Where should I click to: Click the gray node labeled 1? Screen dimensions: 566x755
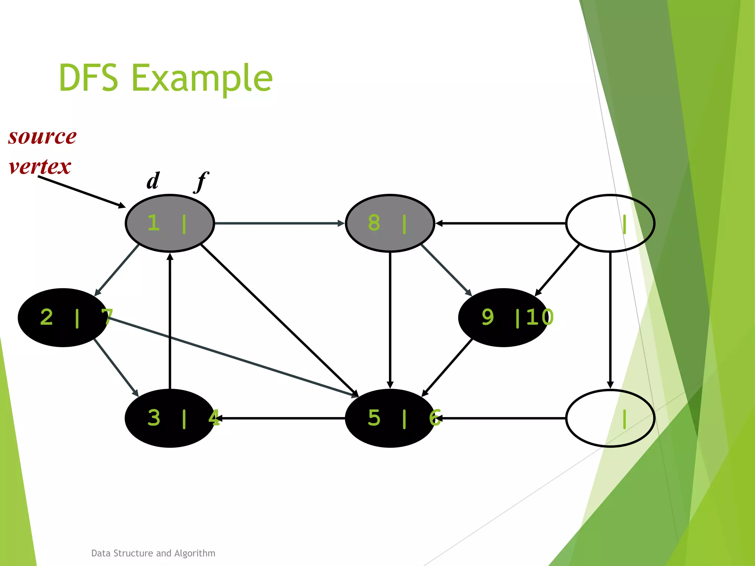pyautogui.click(x=170, y=223)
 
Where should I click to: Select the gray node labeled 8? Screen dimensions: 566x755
pyautogui.click(x=390, y=223)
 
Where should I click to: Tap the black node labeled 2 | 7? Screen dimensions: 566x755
pyautogui.click(x=63, y=318)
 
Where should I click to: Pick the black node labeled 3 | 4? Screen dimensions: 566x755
pyautogui.click(x=170, y=418)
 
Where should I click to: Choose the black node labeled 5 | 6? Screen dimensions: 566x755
pyautogui.click(x=390, y=418)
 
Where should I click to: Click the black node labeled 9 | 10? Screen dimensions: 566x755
pyautogui.click(x=503, y=318)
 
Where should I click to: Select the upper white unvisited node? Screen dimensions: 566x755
pyautogui.click(x=610, y=223)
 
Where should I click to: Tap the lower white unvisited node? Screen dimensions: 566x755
pyautogui.click(x=610, y=418)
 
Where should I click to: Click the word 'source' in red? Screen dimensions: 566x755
pyautogui.click(x=42, y=137)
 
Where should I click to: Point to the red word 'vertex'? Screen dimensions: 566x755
pyautogui.click(x=40, y=167)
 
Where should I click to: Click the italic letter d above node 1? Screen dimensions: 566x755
pyautogui.click(x=153, y=181)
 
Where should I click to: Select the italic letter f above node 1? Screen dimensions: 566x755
pyautogui.click(x=201, y=182)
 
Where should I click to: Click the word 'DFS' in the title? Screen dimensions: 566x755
pyautogui.click(x=88, y=78)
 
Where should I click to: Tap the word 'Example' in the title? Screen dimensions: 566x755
pyautogui.click(x=202, y=78)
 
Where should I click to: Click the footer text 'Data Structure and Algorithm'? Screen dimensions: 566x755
pyautogui.click(x=153, y=553)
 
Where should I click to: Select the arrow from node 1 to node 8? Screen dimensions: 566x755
pyautogui.click(x=279, y=223)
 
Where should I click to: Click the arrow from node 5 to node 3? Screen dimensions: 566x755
pyautogui.click(x=280, y=418)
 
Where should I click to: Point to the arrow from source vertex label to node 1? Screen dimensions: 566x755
pyautogui.click(x=81, y=192)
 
